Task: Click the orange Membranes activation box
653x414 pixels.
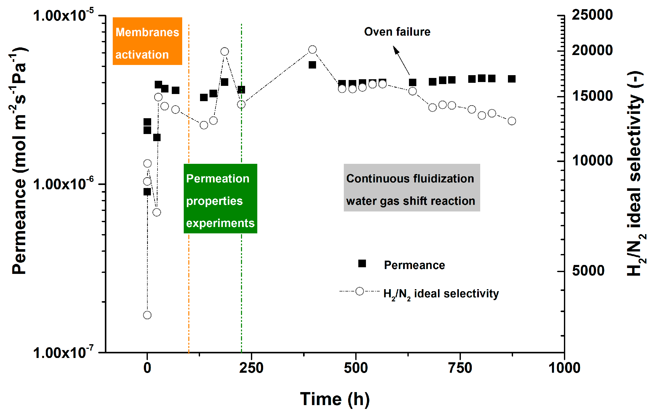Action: click(x=147, y=41)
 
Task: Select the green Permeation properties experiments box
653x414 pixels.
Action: click(x=220, y=198)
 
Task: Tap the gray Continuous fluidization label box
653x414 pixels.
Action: click(x=412, y=188)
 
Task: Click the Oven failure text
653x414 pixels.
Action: click(x=397, y=32)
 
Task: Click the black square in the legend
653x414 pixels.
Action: click(x=362, y=263)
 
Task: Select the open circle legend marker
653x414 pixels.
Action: click(x=360, y=291)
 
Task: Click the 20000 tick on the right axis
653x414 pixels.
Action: click(x=592, y=50)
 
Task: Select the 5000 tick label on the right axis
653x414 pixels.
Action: click(x=588, y=271)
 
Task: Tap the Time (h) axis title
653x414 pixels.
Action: click(x=335, y=399)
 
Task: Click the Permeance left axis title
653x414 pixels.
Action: click(x=19, y=160)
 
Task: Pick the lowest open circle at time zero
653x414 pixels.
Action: click(x=147, y=315)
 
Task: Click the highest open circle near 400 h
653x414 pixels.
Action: click(x=313, y=49)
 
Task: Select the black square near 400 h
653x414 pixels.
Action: click(x=313, y=65)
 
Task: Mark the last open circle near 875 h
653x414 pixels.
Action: click(x=512, y=121)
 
